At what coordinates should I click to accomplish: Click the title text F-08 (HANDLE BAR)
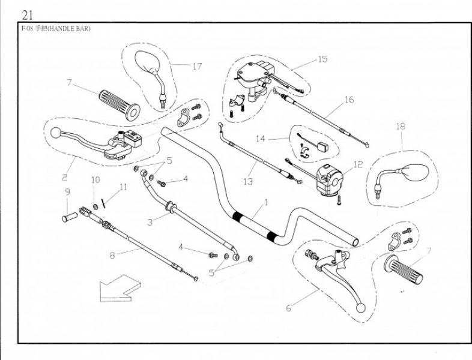coord(56,29)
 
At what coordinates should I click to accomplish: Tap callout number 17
coord(197,66)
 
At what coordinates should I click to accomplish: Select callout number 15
coord(322,59)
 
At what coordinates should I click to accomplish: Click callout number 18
coord(401,126)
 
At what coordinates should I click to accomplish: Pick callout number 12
coord(358,164)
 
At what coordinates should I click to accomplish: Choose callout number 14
coord(260,139)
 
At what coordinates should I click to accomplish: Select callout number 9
coord(67,192)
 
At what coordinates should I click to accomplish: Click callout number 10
coord(95,179)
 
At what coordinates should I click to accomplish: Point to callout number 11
coord(123,187)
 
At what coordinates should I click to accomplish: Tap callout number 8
coord(112,254)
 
